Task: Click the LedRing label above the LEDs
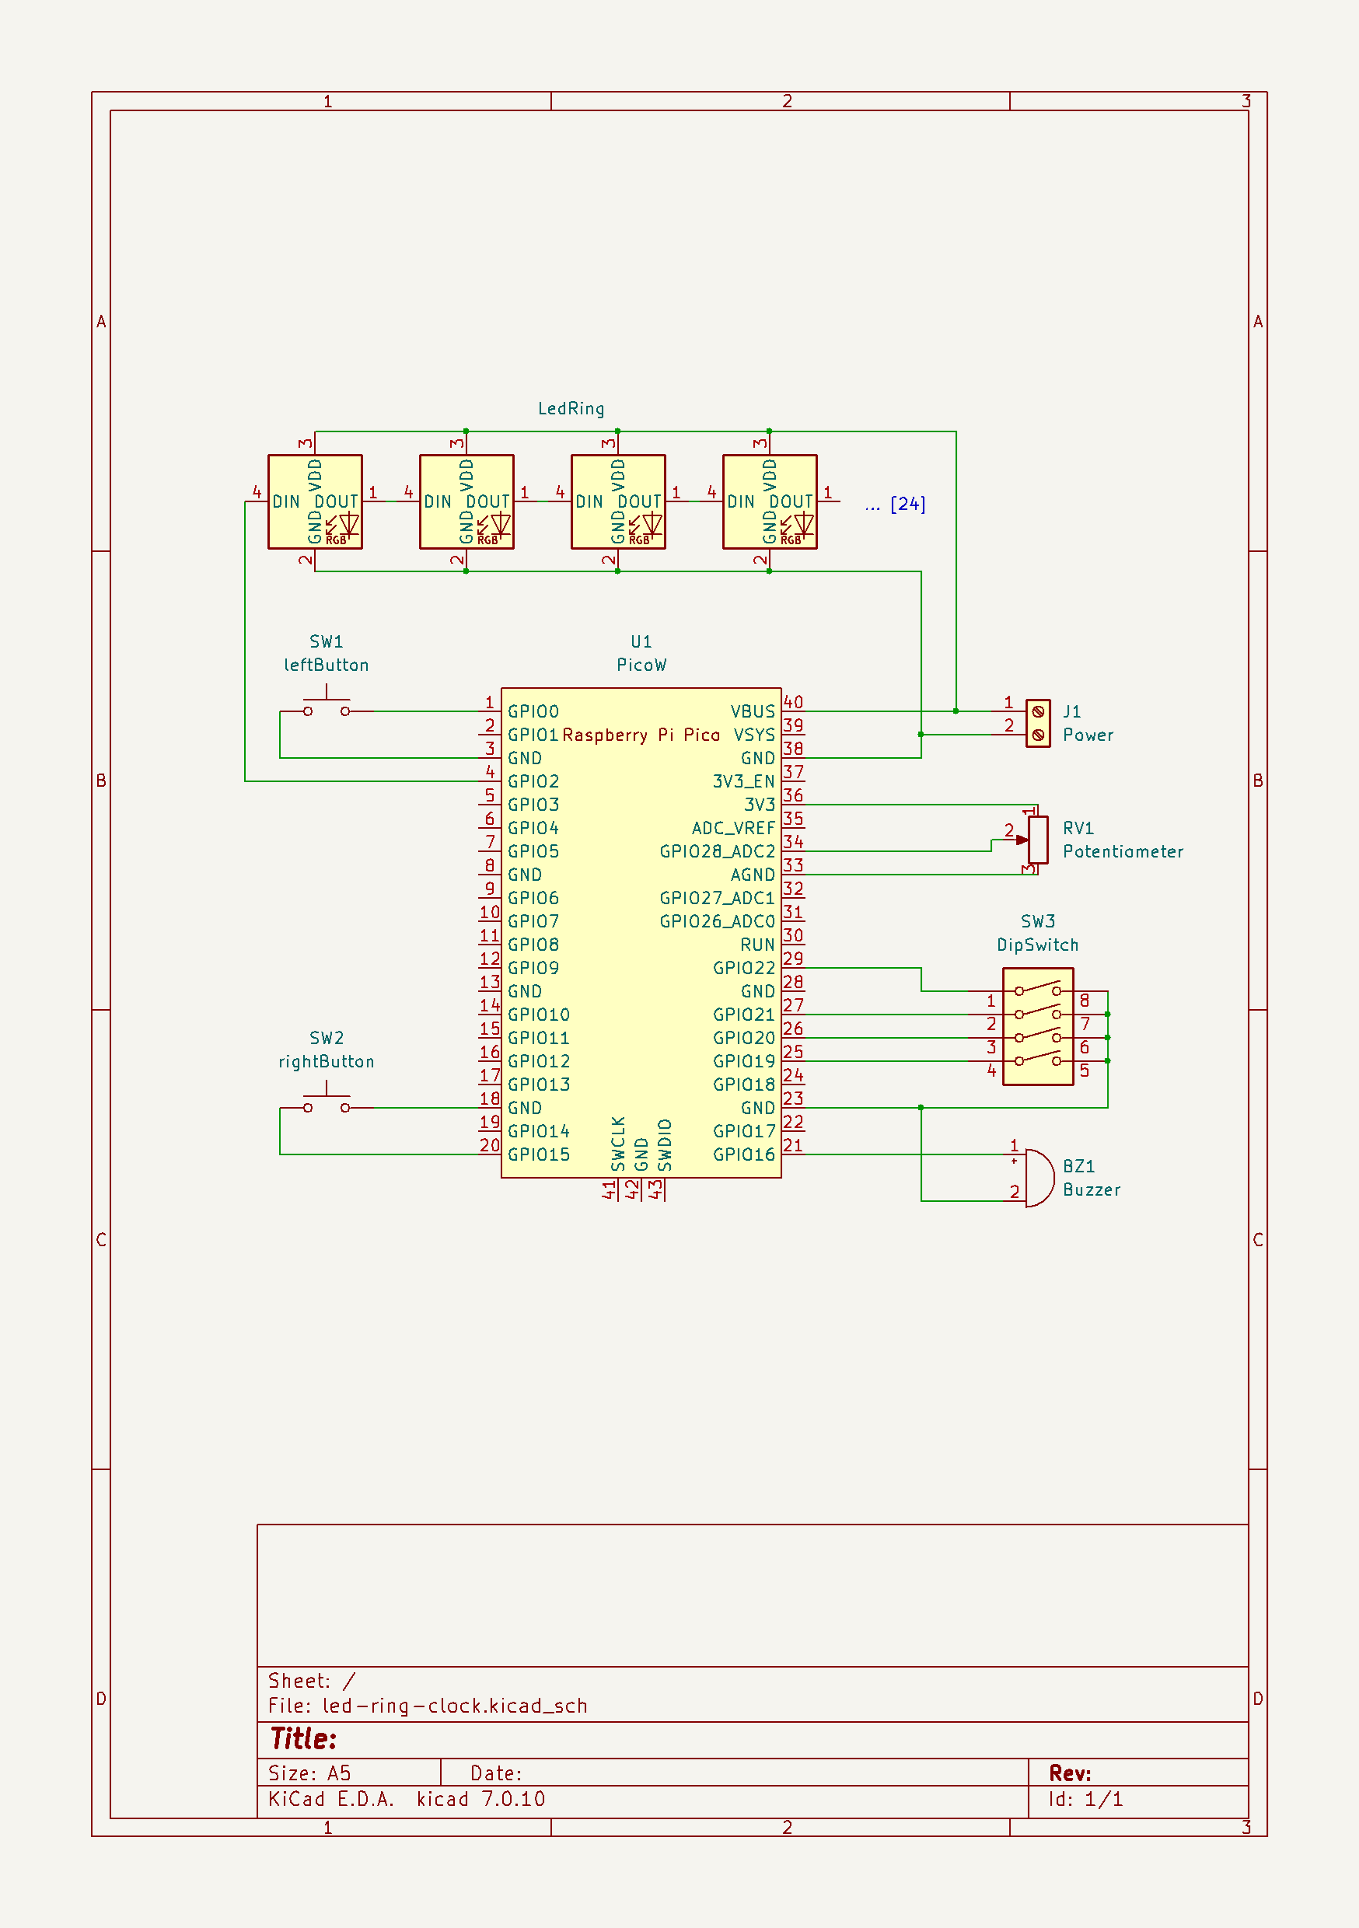pyautogui.click(x=571, y=409)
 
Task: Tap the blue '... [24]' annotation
pyautogui.click(x=895, y=504)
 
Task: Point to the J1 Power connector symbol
pyautogui.click(x=1037, y=723)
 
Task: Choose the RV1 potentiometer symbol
pyautogui.click(x=1038, y=839)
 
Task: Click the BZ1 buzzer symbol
pyautogui.click(x=1038, y=1178)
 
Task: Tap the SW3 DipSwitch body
pyautogui.click(x=1037, y=1026)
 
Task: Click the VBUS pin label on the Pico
pyautogui.click(x=752, y=712)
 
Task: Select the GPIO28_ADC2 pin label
pyautogui.click(x=717, y=851)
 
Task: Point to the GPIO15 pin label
pyautogui.click(x=539, y=1154)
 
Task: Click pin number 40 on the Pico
pyautogui.click(x=793, y=702)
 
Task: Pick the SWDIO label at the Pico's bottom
pyautogui.click(x=666, y=1144)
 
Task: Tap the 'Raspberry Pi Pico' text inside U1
pyautogui.click(x=641, y=735)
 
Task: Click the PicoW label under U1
pyautogui.click(x=641, y=665)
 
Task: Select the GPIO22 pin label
pyautogui.click(x=743, y=968)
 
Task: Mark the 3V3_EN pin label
pyautogui.click(x=743, y=782)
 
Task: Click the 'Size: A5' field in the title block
pyautogui.click(x=309, y=1773)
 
